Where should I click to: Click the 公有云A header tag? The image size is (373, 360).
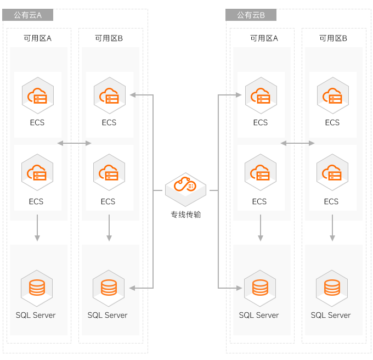(x=28, y=15)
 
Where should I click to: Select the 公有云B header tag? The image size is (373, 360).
(x=251, y=15)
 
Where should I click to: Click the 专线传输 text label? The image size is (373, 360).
(x=185, y=215)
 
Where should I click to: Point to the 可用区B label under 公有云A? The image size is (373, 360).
(x=109, y=38)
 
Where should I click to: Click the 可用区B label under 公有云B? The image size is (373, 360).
(x=333, y=38)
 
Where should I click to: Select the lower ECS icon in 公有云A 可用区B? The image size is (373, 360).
(x=109, y=173)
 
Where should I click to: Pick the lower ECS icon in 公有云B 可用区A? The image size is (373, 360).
(x=260, y=173)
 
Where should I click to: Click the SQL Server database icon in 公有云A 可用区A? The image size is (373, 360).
(x=37, y=287)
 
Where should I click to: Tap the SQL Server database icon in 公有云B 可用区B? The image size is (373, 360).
(x=332, y=287)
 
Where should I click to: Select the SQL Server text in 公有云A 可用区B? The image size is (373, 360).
(x=108, y=315)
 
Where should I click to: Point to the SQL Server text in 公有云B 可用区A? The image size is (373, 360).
(x=259, y=315)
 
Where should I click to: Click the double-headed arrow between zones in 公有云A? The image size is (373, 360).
(x=74, y=143)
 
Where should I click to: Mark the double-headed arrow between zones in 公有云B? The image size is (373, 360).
(x=297, y=143)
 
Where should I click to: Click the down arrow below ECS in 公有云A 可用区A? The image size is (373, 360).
(x=37, y=228)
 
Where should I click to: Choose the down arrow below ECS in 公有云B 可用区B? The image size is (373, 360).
(x=332, y=228)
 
